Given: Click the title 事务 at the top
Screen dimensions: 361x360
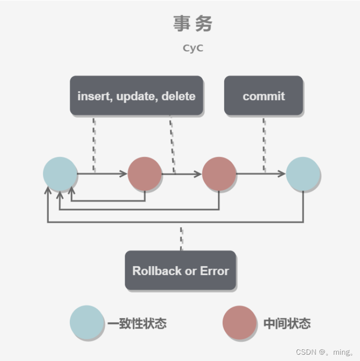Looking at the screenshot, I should pos(193,23).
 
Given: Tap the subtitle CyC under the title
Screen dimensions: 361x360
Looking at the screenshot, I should pos(193,48).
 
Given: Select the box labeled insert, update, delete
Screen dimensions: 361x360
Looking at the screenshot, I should pos(136,96).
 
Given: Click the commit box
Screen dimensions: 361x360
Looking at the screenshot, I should pos(263,96).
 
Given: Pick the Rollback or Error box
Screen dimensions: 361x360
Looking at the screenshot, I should pos(180,271).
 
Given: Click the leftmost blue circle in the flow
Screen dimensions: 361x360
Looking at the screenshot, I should pos(60,174).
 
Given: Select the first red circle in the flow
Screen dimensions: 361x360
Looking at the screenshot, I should pos(145,174).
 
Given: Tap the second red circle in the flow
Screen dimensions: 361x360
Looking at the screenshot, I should pos(219,174).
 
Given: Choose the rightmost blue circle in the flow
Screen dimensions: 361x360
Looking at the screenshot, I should pos(303,174).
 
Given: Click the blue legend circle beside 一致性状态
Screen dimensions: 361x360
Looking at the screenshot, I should pos(86,322).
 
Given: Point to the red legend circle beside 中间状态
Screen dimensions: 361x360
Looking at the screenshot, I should pos(239,322).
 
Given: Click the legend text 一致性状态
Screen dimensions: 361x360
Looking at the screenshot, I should pos(137,323).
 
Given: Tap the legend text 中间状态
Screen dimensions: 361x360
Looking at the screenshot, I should pos(287,323).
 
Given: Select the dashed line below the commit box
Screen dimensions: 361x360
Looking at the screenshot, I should pos(264,144).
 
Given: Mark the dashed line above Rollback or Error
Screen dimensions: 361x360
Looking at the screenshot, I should pos(181,239).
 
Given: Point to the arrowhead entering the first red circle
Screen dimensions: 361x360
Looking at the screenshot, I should pos(124,173).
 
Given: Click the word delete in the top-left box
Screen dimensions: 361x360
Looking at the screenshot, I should pos(178,96).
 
